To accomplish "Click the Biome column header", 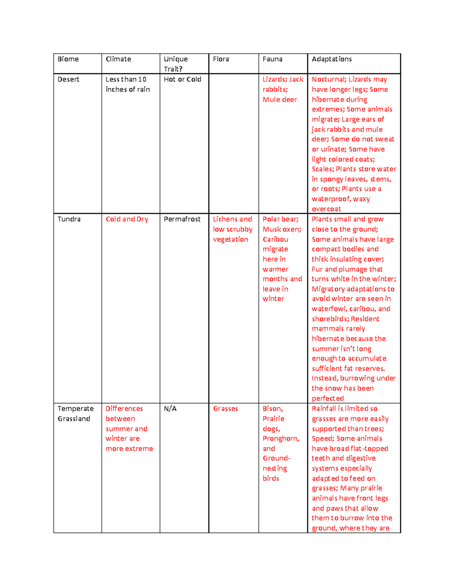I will [x=68, y=59].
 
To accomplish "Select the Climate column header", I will [x=118, y=59].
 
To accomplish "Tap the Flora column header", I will [x=221, y=59].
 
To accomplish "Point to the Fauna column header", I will [x=272, y=59].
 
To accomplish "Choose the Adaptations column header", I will [x=332, y=59].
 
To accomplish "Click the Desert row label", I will [x=68, y=79].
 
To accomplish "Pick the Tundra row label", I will [x=69, y=219].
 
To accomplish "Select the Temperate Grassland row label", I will [x=75, y=414].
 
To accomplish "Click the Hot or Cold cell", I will [x=182, y=79].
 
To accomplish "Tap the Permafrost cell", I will [x=182, y=219].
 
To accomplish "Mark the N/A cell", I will [x=170, y=409].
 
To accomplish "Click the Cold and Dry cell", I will [x=127, y=219].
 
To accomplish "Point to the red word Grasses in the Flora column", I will [x=225, y=409].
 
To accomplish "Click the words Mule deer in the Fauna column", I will [x=280, y=99].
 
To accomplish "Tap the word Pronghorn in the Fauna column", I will [x=280, y=438].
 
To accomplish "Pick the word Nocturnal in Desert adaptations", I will [x=328, y=79].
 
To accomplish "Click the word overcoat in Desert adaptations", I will [x=326, y=209].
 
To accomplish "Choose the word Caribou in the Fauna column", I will [x=275, y=239].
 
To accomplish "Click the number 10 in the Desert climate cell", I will [x=142, y=79].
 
